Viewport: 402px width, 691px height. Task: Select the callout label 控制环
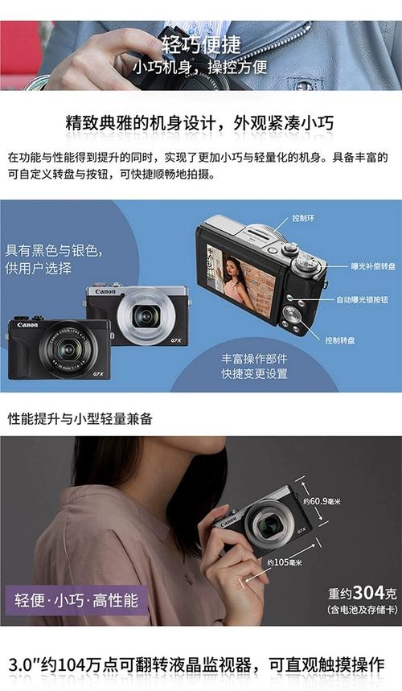(303, 218)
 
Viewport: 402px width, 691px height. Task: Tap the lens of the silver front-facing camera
(146, 315)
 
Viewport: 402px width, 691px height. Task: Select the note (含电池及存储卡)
(362, 611)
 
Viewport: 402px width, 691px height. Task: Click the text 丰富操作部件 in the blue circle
(254, 359)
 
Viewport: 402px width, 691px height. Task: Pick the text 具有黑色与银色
(52, 250)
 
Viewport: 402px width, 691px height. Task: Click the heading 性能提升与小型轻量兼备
(80, 418)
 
